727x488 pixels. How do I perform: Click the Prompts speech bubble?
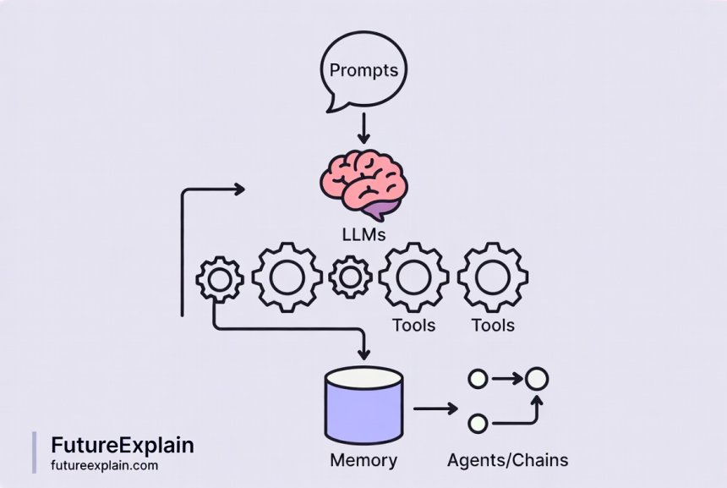pos(363,72)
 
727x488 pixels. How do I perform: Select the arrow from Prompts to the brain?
pos(363,128)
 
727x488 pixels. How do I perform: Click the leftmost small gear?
pos(219,280)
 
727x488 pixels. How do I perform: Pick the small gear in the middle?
pos(350,277)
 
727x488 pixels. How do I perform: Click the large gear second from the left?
pos(287,277)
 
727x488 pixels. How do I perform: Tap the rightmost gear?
pos(493,277)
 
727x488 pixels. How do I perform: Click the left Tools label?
pos(414,325)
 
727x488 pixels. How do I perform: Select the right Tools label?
pos(493,325)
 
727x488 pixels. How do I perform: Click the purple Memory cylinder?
pos(364,407)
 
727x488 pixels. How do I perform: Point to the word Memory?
pos(363,461)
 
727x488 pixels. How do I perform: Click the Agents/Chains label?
pos(507,461)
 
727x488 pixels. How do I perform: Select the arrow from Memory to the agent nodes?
pos(435,408)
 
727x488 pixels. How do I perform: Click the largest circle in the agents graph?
pos(536,379)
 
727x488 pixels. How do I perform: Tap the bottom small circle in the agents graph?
pos(478,421)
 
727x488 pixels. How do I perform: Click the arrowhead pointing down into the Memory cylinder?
pos(364,352)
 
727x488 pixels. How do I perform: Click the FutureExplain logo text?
pos(122,445)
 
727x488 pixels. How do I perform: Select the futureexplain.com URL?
pos(104,465)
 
